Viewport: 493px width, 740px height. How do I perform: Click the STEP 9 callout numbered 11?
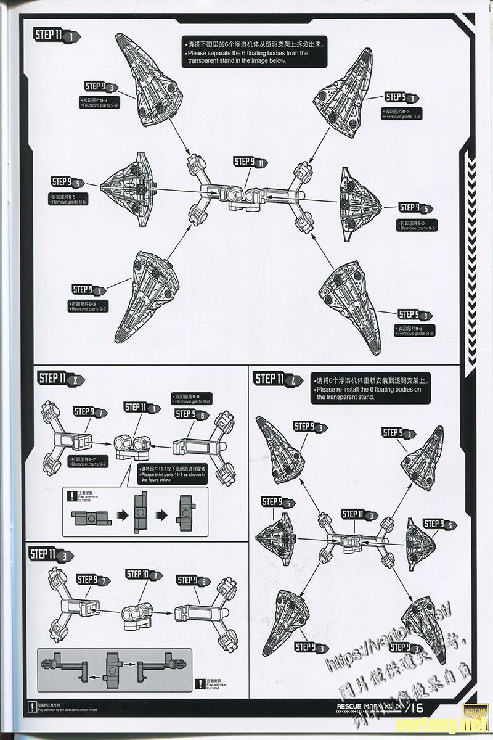251,162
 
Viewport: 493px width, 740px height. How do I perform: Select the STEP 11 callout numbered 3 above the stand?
359,515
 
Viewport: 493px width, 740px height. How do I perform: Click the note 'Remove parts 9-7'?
89,462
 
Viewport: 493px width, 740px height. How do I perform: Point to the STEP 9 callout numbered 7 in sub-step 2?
90,411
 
